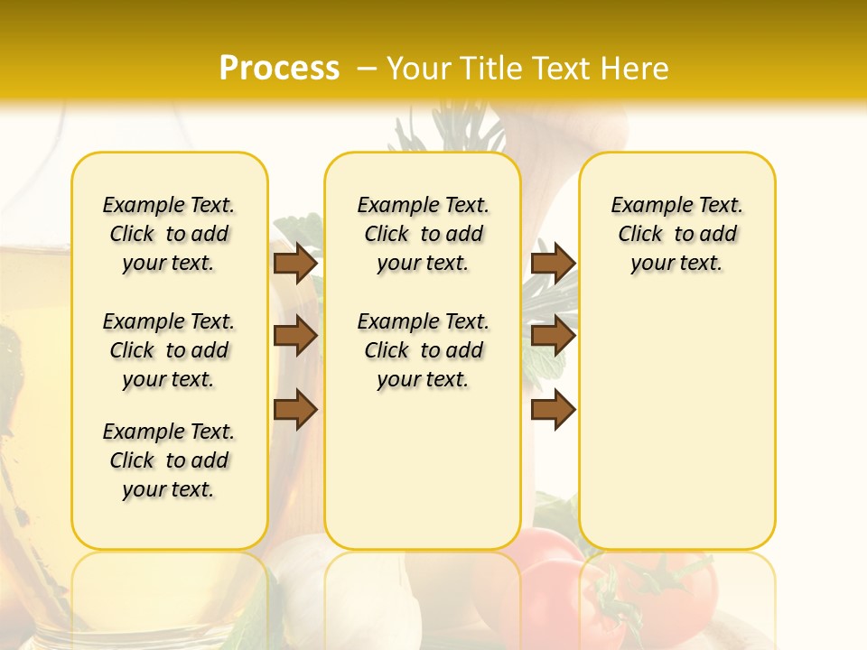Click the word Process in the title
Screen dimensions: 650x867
[279, 69]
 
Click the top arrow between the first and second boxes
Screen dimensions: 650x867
[294, 263]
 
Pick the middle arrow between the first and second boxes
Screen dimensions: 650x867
[294, 336]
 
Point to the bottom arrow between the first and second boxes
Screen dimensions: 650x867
[294, 409]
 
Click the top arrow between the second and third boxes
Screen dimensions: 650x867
[553, 263]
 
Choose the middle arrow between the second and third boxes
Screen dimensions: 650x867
[553, 336]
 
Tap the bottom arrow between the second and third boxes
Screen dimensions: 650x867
[553, 409]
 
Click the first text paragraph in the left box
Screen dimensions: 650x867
[169, 234]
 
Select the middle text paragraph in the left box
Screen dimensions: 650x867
[169, 350]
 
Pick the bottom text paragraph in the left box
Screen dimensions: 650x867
[169, 460]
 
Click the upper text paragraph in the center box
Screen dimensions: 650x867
[423, 234]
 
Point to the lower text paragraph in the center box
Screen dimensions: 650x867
[423, 350]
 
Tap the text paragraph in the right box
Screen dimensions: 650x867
[676, 234]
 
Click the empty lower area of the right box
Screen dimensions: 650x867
[676, 424]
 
